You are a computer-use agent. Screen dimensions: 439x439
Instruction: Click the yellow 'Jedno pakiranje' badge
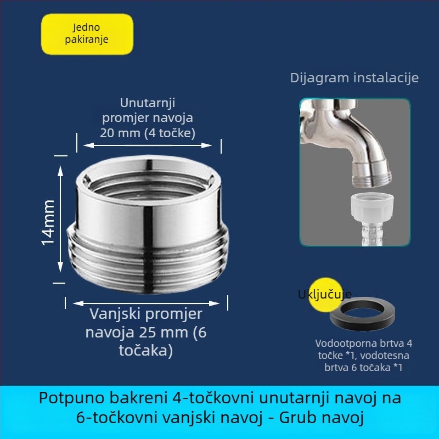point(87,34)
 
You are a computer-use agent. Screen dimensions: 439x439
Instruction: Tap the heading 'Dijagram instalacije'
point(354,77)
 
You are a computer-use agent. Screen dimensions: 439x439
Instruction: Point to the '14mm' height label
point(48,223)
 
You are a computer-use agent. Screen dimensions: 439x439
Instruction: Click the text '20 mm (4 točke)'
point(148,133)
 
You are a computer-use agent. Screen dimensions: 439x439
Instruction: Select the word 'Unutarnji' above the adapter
point(148,103)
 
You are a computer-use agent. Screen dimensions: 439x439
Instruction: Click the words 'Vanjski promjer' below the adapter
point(146,314)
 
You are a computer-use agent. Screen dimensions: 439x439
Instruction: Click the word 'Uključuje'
point(324,294)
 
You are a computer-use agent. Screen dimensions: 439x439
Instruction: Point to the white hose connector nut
point(372,207)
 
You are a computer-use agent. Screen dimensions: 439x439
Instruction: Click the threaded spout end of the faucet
point(372,175)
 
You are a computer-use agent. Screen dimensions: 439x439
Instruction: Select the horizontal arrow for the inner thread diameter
point(148,145)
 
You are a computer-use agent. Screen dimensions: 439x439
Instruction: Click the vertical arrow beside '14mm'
point(60,219)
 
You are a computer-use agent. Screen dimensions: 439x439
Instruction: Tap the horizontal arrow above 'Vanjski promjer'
point(146,303)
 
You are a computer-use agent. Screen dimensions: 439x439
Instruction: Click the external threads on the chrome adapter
point(148,260)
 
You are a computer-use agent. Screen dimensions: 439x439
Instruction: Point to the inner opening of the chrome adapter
point(148,185)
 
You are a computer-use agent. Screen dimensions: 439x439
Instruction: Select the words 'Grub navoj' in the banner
point(321,418)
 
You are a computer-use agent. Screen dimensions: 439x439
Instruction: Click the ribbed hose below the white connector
point(372,233)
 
